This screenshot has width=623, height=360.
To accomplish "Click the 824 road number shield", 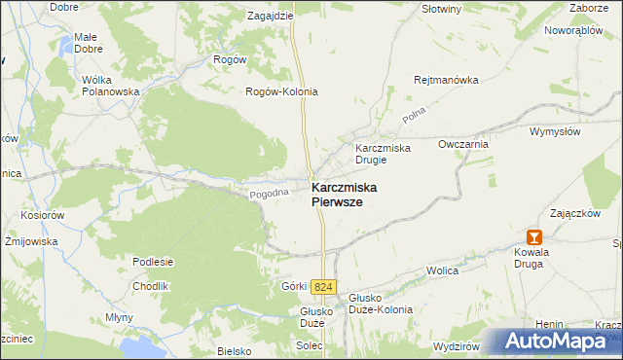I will pos(324,286).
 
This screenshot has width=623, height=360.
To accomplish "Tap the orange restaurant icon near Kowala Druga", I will pos(533,236).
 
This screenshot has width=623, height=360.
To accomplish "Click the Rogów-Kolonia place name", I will pos(281,91).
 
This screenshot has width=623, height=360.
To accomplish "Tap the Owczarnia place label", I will pos(462,143).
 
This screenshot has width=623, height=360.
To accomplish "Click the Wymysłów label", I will pos(555,130).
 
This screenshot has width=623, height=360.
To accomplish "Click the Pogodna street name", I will pos(270,194).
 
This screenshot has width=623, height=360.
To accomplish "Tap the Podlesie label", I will pos(153,261).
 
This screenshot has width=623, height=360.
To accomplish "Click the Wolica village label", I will pos(443,272).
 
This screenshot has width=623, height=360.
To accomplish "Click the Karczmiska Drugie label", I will pos(383,153).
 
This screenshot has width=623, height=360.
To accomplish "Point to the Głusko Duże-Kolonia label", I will pos(381,303).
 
